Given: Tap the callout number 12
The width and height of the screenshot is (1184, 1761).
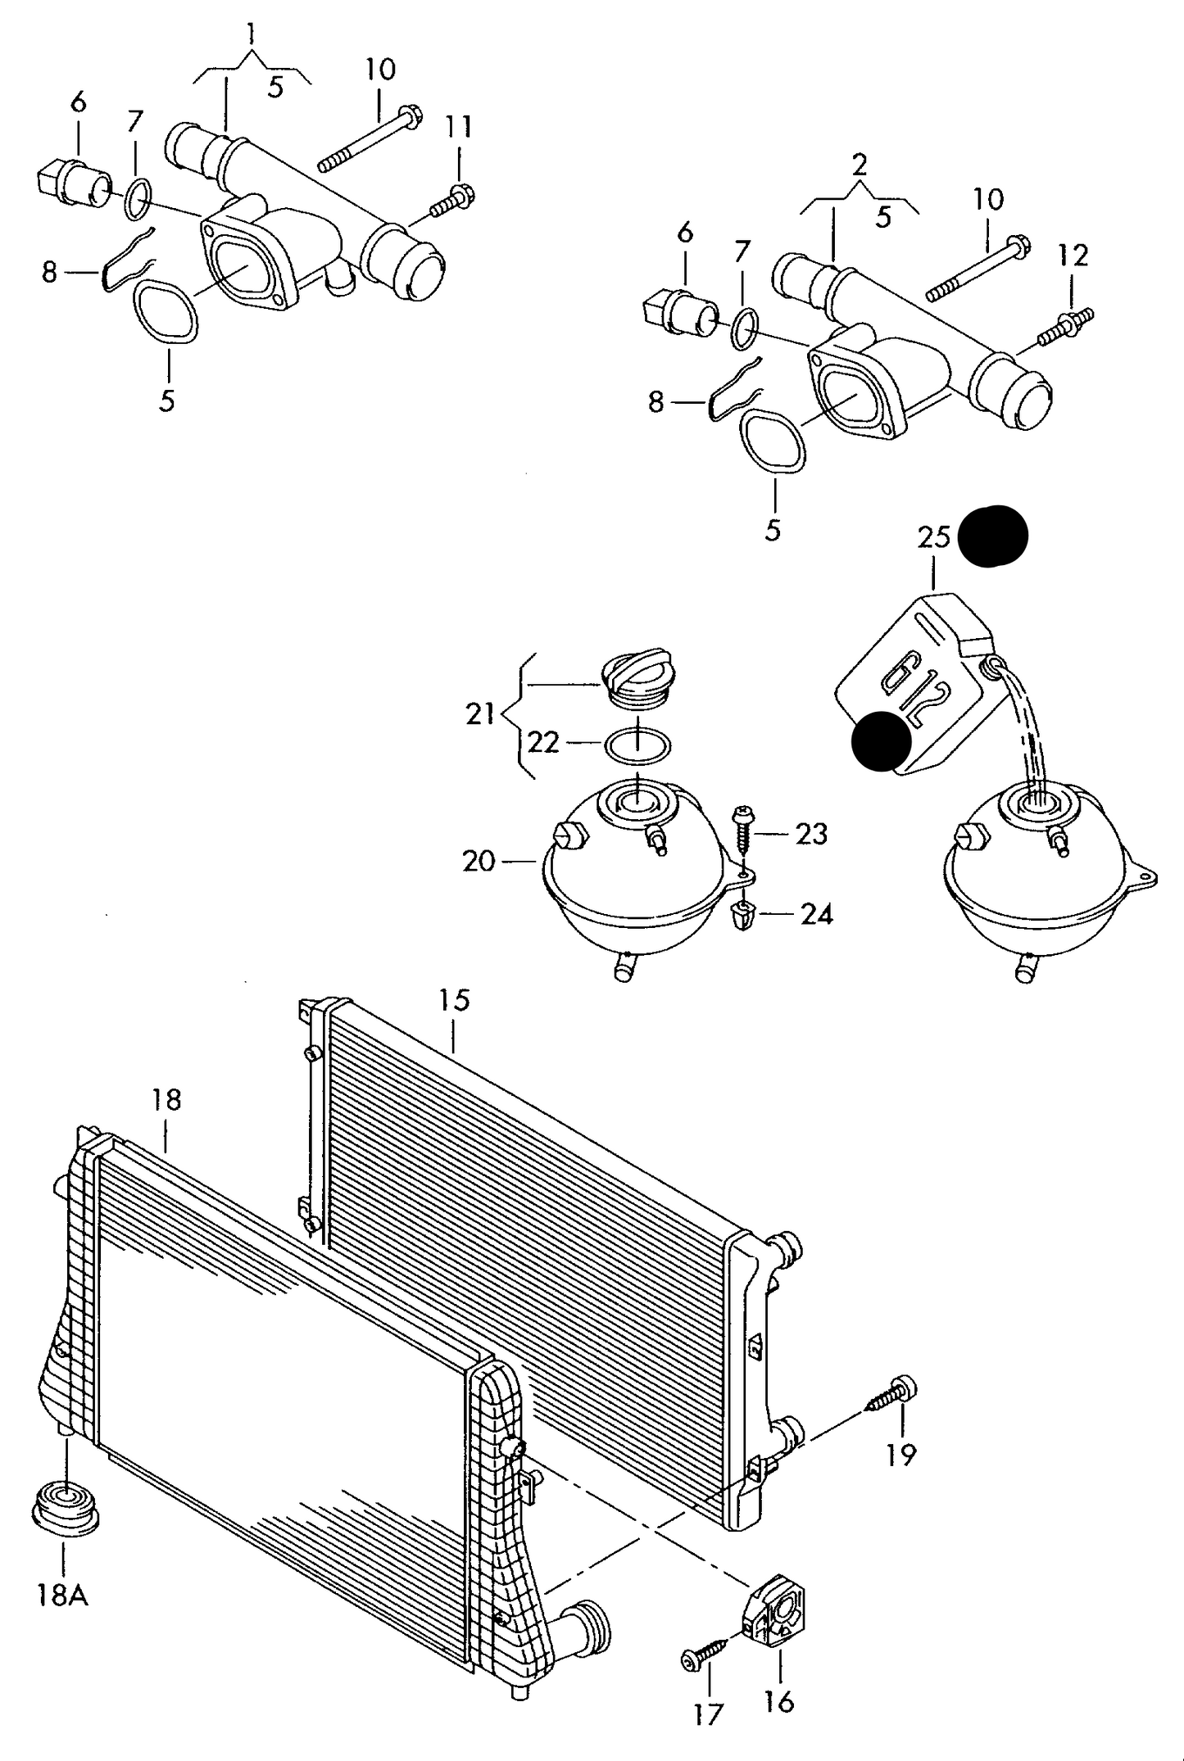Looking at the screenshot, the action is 1073,256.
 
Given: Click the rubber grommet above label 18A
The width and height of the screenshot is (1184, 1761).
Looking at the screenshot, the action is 66,1508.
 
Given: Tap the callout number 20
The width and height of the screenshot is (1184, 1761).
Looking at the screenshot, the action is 479,861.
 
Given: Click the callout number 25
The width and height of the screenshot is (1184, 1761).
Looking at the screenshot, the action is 933,537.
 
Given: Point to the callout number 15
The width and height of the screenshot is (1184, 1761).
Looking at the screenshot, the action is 454,999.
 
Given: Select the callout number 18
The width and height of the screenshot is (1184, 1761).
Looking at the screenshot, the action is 166,1099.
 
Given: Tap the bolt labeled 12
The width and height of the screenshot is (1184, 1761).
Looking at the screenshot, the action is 1067,325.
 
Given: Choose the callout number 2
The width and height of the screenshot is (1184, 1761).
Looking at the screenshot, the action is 859,165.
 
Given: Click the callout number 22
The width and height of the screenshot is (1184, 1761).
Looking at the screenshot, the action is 543,742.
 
